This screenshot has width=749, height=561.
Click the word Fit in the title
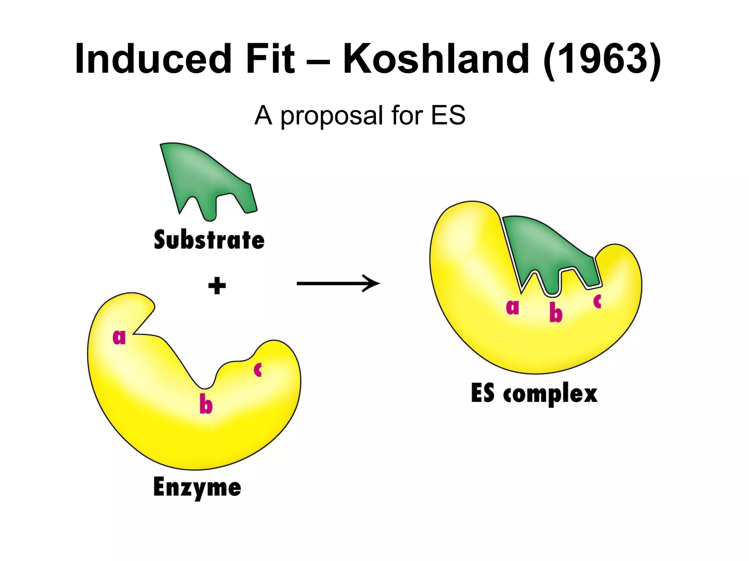pos(270,58)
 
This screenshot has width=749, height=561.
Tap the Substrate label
pos(209,240)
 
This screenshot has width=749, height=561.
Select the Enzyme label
pos(197,488)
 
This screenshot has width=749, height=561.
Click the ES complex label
pos(534,394)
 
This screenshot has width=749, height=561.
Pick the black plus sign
pos(217,286)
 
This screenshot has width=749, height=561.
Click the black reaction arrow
pos(338,283)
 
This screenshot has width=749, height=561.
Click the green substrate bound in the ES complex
pos(549,252)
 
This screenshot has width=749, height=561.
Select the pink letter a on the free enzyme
pos(119,337)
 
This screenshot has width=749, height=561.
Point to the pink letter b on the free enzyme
pos(206,405)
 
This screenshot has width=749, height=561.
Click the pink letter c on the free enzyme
pos(258,370)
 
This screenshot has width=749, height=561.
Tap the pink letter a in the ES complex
pos(512,307)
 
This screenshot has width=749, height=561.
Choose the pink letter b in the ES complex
pos(556,313)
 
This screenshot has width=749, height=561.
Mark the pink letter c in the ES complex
pos(598,301)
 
